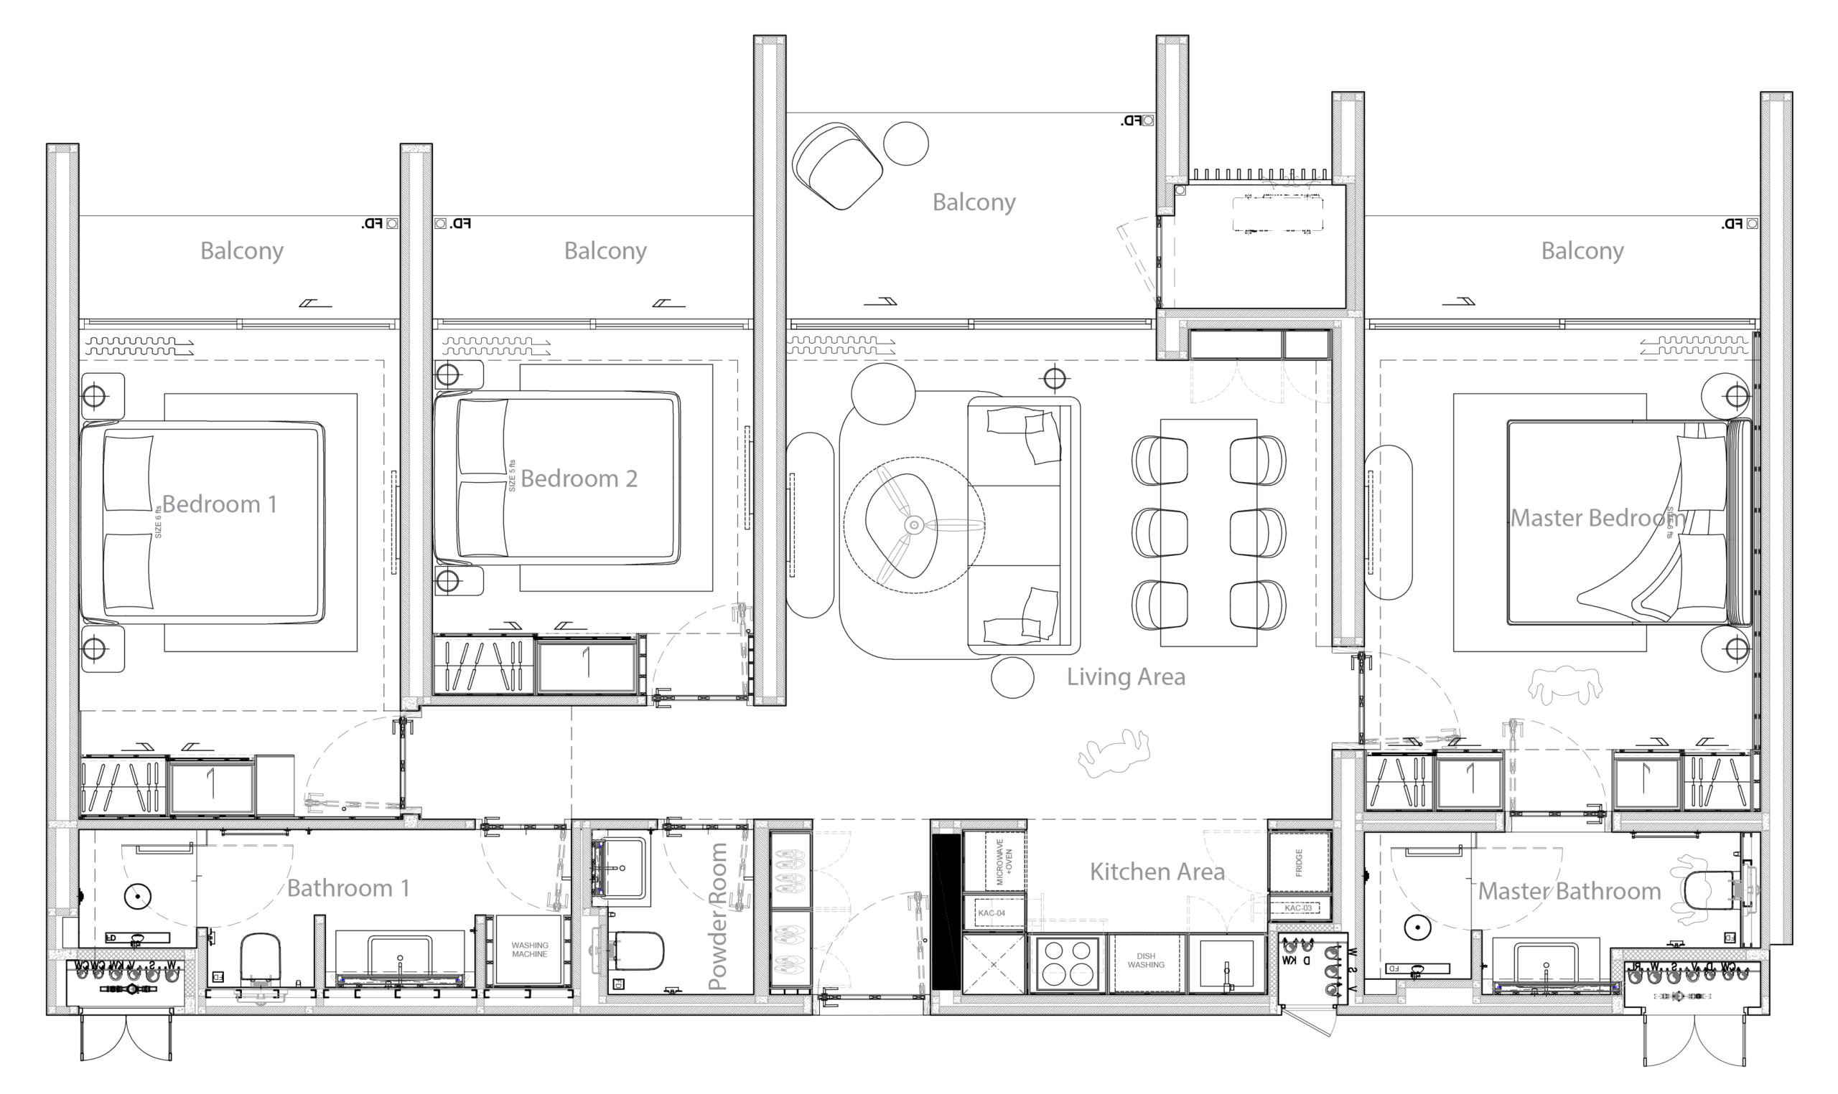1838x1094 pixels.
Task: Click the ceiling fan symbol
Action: point(915,525)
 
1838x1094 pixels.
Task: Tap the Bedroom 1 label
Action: point(219,505)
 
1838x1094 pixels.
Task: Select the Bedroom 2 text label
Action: point(579,479)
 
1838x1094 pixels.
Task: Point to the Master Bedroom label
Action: point(1597,518)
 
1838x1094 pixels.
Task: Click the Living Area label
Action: point(1126,676)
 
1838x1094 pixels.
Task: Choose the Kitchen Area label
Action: point(1157,872)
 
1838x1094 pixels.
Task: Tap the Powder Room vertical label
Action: point(718,916)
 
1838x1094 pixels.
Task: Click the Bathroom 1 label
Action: point(347,888)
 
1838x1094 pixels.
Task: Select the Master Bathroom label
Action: point(1569,891)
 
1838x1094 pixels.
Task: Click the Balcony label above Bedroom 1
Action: point(242,251)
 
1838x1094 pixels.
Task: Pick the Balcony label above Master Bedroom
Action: point(1582,251)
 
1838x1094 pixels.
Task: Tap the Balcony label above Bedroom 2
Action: point(605,251)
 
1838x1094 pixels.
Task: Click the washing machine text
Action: point(530,950)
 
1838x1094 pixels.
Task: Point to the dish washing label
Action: point(1145,960)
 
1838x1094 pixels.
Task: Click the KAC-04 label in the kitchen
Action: point(992,913)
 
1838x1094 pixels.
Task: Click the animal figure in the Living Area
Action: point(1114,753)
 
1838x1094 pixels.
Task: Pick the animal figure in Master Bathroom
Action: point(1692,890)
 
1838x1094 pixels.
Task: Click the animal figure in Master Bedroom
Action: point(1564,685)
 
